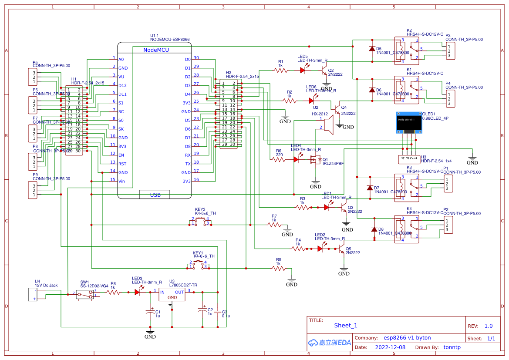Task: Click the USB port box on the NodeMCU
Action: point(155,195)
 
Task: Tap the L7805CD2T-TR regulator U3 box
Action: point(172,295)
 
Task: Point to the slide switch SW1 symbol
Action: point(84,295)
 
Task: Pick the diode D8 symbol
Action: point(374,229)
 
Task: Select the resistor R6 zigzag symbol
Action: point(279,160)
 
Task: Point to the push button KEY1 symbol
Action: point(198,265)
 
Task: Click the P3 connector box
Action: point(451,51)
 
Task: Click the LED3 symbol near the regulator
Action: point(137,293)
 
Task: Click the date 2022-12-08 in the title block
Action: point(390,347)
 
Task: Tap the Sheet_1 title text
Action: point(345,325)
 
